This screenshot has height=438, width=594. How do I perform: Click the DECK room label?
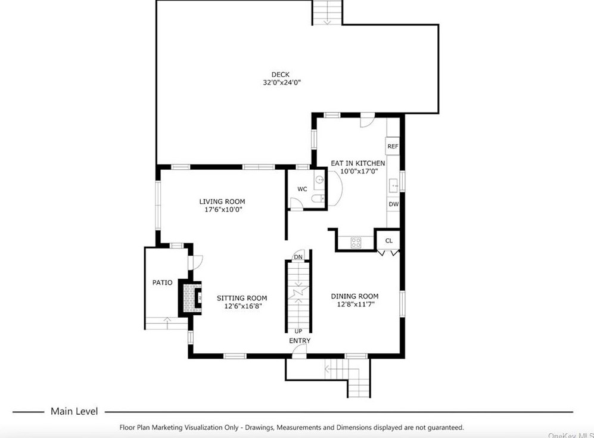pos(281,74)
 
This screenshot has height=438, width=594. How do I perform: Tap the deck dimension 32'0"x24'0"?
pos(281,82)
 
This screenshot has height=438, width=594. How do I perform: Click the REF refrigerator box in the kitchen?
pos(393,146)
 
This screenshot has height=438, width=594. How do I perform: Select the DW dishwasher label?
pos(394,204)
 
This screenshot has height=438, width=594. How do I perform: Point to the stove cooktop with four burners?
pos(356,243)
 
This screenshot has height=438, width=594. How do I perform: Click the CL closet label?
pos(388,241)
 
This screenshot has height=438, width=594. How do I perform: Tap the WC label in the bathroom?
pos(302,189)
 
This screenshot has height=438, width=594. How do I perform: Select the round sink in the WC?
pos(319,179)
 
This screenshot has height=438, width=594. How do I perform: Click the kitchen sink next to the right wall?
pos(394,186)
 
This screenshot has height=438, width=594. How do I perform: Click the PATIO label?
pos(162,282)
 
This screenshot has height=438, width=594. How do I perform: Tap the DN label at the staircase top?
pos(298,257)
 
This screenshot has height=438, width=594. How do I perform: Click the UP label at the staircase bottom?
pos(298,331)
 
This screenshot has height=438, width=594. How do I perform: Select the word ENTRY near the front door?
pos(300,341)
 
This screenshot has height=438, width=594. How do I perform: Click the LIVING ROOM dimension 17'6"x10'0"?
pos(223,209)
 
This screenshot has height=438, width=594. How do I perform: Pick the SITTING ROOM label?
pos(242,298)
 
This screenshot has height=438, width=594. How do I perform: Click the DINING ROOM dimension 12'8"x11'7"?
pos(356,304)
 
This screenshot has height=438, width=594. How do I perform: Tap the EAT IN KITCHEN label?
pos(358,163)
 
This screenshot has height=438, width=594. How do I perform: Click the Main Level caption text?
pos(74,411)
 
